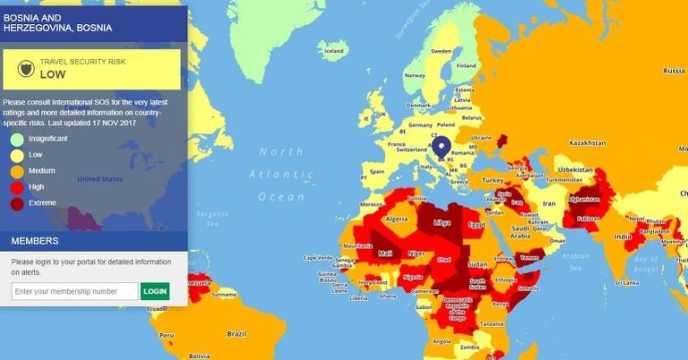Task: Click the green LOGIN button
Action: click(x=155, y=291)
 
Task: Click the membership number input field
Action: click(x=75, y=291)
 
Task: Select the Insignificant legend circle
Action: click(x=17, y=139)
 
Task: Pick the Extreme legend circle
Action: click(x=17, y=203)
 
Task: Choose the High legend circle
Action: click(x=17, y=187)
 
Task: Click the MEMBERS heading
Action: click(x=35, y=241)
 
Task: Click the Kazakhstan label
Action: click(x=588, y=143)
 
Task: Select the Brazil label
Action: click(x=237, y=333)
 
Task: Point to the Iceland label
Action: click(x=333, y=51)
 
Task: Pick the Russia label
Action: click(x=673, y=71)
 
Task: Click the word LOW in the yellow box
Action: click(x=53, y=74)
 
